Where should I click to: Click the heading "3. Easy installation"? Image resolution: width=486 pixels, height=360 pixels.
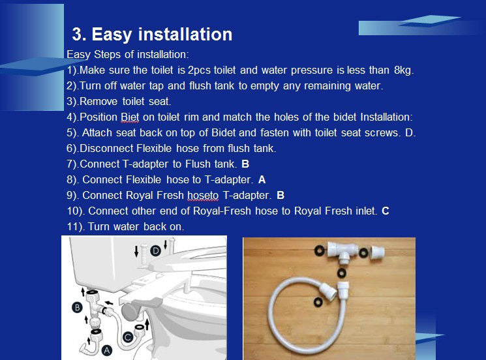[x=152, y=35]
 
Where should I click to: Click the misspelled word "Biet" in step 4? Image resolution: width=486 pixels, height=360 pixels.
[x=130, y=117]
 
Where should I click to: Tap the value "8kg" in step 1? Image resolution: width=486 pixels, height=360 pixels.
[x=404, y=70]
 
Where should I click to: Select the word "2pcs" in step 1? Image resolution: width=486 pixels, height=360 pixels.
[x=199, y=70]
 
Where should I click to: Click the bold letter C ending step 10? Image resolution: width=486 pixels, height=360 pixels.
[x=386, y=211]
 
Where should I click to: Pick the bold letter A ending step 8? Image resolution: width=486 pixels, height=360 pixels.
[x=262, y=180]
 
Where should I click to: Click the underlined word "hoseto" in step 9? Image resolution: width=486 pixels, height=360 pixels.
[x=203, y=196]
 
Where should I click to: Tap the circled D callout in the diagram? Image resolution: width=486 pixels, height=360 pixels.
[x=156, y=250]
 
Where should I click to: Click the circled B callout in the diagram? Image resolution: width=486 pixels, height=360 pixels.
[x=77, y=307]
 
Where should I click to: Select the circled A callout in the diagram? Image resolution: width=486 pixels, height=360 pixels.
[x=106, y=350]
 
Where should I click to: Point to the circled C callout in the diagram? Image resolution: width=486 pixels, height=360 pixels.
[x=128, y=337]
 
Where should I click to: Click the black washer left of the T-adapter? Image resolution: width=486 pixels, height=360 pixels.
[x=319, y=250]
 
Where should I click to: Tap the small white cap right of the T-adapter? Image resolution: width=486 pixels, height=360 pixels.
[x=378, y=252]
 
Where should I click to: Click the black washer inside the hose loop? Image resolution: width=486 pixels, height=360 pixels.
[x=318, y=302]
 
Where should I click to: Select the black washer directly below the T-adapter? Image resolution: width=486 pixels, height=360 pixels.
[x=342, y=273]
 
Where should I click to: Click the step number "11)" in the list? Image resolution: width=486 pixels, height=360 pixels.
[x=76, y=227]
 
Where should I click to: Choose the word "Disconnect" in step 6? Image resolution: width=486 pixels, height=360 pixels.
[x=106, y=149]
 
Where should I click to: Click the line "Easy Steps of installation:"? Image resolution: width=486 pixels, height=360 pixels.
[x=128, y=55]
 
